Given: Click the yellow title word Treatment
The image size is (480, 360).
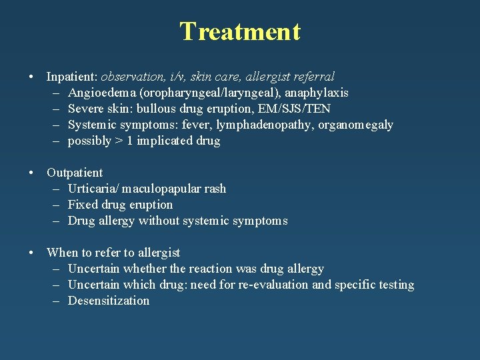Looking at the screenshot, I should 240,31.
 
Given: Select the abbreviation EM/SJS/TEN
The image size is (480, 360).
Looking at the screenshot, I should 293,109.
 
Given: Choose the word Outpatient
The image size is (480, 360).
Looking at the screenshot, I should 75,173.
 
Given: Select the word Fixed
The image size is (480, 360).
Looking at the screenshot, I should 83,205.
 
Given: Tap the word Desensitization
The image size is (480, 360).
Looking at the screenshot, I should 109,301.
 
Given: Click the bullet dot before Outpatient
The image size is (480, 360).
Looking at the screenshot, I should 32,173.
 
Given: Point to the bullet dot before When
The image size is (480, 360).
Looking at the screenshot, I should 32,253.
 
